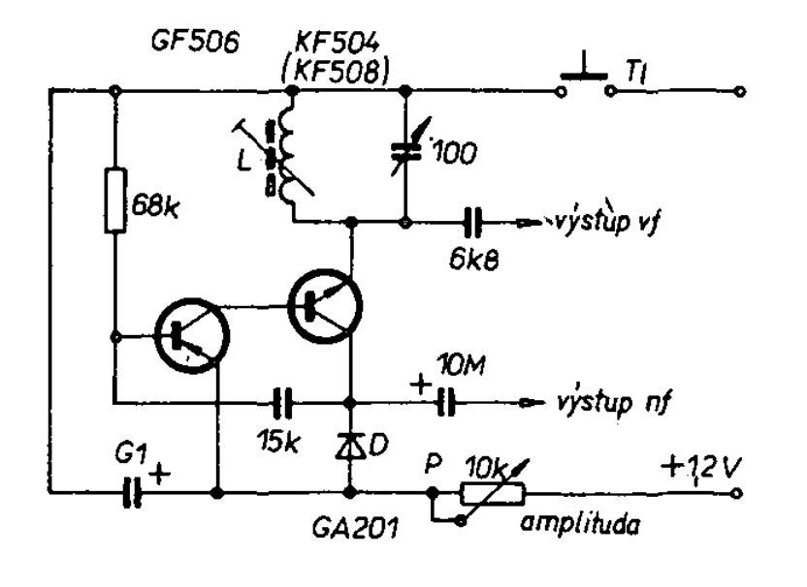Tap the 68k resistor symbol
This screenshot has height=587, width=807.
tap(115, 200)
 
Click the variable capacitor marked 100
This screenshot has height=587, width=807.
tap(406, 148)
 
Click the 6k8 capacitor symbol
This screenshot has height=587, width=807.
tap(472, 222)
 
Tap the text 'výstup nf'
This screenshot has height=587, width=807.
tap(613, 401)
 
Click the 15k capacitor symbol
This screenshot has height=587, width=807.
tap(281, 402)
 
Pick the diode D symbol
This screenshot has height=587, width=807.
tap(350, 446)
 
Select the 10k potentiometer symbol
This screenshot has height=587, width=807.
tap(493, 492)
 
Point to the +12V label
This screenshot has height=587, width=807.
tap(701, 469)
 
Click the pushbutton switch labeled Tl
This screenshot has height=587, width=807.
tap(585, 77)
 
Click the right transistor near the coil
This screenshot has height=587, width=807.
tap(325, 306)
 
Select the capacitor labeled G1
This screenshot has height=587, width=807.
tap(132, 493)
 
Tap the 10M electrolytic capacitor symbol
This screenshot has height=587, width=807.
tap(446, 402)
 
